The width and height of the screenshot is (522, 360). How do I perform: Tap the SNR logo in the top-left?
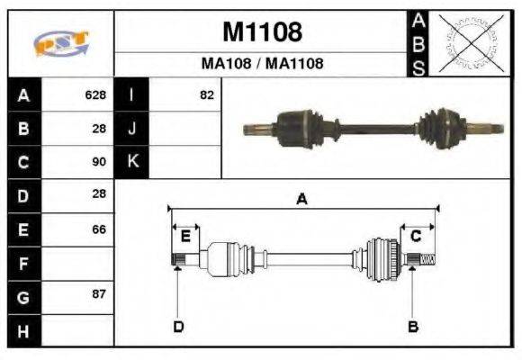(60, 43)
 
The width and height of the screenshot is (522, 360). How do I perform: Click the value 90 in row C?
(99, 162)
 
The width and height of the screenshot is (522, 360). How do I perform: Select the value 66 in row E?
(99, 229)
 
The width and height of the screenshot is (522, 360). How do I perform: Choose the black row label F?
(23, 264)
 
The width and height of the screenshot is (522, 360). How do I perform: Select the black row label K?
(132, 162)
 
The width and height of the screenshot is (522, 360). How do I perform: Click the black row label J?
(132, 129)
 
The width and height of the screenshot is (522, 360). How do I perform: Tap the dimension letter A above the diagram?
(301, 200)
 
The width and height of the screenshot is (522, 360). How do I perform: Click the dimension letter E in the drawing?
(185, 237)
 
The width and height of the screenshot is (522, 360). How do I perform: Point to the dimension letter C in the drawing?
(416, 237)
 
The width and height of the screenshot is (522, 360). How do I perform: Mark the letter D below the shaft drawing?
(177, 326)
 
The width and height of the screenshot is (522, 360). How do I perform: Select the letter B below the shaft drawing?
(413, 326)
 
